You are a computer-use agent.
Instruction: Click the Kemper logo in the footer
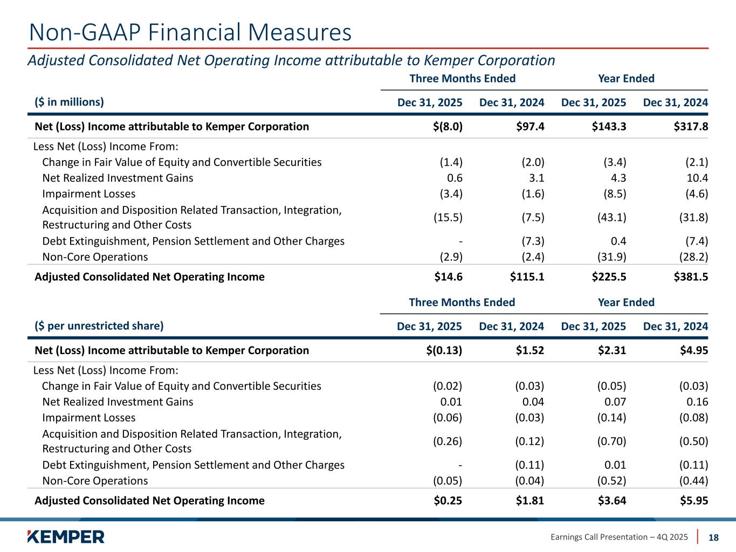[x=65, y=536]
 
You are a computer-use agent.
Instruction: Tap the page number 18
[x=713, y=537]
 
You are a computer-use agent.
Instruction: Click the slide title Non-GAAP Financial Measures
[x=190, y=32]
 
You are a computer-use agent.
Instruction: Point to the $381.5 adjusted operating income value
[x=691, y=277]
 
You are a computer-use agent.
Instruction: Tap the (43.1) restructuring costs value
[x=611, y=217]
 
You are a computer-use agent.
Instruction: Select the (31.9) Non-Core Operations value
[x=611, y=257]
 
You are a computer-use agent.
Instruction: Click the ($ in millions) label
[x=69, y=102]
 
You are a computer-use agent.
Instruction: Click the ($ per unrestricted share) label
[x=99, y=326]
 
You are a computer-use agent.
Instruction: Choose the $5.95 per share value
[x=694, y=501]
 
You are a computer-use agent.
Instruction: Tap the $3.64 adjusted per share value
[x=612, y=501]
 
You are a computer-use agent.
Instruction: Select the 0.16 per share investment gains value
[x=697, y=402]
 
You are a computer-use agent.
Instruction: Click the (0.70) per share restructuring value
[x=611, y=441]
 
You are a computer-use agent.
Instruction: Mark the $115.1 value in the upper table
[x=527, y=277]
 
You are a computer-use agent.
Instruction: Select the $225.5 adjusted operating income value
[x=609, y=277]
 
